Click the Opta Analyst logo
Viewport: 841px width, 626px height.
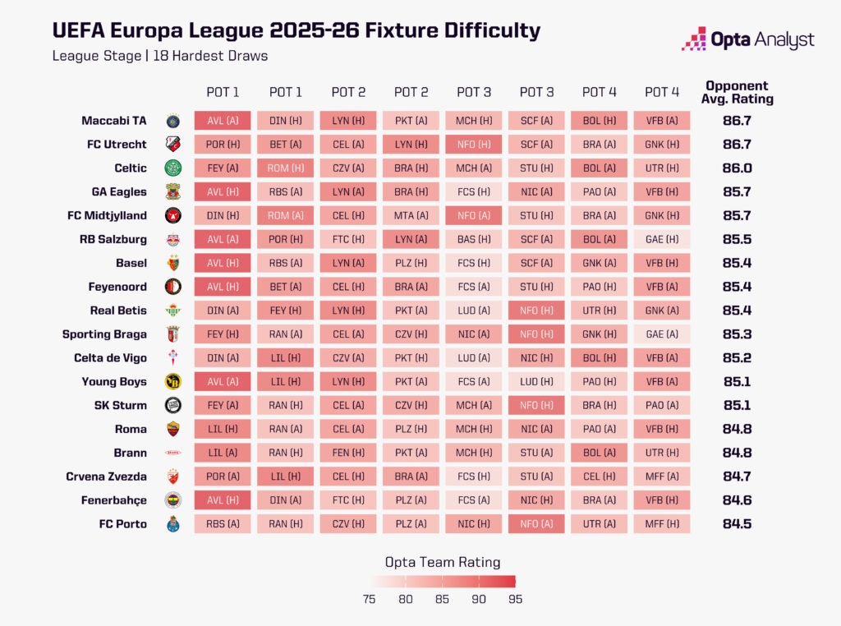(x=747, y=39)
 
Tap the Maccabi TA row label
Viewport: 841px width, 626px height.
(x=114, y=121)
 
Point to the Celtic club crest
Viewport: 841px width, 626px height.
(x=172, y=168)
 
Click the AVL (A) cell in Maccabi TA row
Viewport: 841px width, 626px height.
(x=223, y=121)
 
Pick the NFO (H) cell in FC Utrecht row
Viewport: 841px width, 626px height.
(x=473, y=145)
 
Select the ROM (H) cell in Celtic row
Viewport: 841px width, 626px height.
(x=285, y=168)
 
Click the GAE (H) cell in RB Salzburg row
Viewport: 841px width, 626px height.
(x=661, y=240)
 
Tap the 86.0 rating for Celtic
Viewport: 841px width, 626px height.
(x=737, y=168)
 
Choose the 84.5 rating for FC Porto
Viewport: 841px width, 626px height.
(x=737, y=524)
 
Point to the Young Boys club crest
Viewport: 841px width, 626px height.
(x=172, y=382)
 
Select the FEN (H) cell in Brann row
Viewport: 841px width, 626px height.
(x=348, y=453)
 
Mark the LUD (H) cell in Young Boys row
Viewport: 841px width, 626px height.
(x=535, y=382)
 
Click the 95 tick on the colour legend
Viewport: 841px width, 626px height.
(x=514, y=599)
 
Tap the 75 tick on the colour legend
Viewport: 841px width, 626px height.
(x=369, y=599)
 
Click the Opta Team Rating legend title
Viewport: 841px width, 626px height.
(x=443, y=563)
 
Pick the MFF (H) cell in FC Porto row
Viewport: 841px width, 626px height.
(x=661, y=524)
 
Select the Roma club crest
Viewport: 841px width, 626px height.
(x=172, y=429)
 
